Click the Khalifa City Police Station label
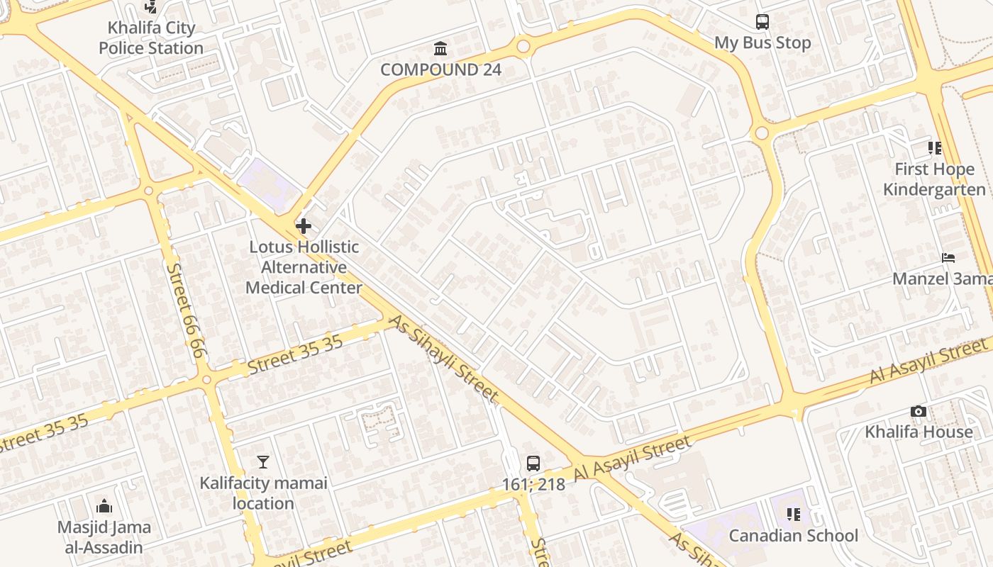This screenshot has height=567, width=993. click(x=151, y=38)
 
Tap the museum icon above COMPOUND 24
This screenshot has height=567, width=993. click(x=440, y=49)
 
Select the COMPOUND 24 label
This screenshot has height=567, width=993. click(x=440, y=69)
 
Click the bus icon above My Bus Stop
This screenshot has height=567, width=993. click(x=762, y=22)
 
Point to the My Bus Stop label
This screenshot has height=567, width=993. click(x=762, y=43)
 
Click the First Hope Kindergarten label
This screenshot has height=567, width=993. click(x=934, y=179)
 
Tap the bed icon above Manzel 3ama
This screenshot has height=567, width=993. click(x=948, y=258)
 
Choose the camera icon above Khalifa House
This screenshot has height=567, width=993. click(x=918, y=412)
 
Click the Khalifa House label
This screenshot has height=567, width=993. click(x=919, y=432)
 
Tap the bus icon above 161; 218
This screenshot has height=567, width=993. click(x=533, y=464)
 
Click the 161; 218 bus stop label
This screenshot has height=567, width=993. click(x=533, y=485)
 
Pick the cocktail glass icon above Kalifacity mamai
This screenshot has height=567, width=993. click(x=263, y=462)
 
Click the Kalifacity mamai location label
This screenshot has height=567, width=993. click(x=263, y=493)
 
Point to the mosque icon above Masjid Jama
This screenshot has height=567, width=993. click(x=104, y=506)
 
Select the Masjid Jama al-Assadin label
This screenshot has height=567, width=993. click(x=104, y=537)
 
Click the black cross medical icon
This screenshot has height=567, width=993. click(x=304, y=227)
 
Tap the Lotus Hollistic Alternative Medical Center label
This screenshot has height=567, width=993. click(x=304, y=267)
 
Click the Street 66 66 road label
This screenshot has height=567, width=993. click(x=186, y=310)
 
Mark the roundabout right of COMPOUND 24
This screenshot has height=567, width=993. click(x=523, y=47)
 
